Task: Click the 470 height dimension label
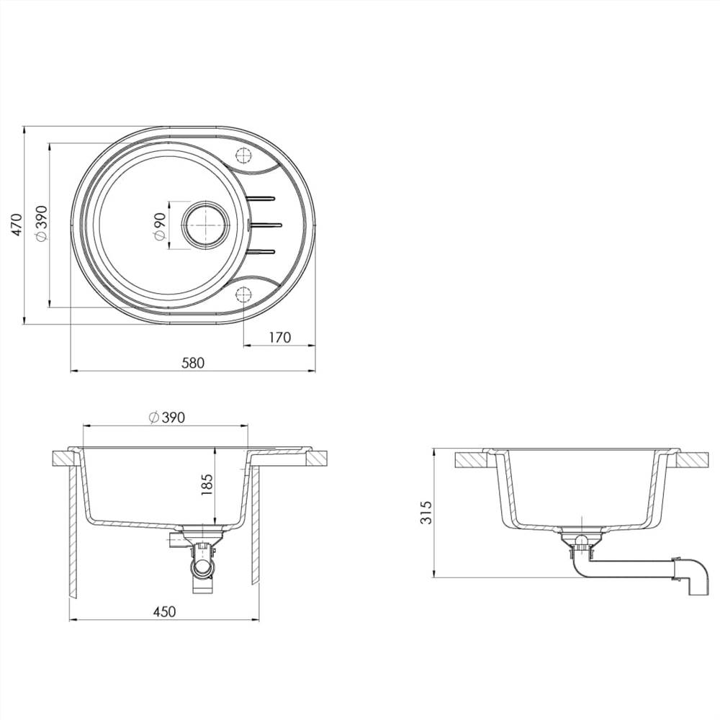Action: (15, 225)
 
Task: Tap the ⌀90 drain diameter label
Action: (159, 225)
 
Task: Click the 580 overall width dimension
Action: (193, 363)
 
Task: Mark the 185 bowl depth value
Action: (207, 487)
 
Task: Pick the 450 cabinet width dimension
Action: (164, 611)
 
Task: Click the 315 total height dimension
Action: (426, 513)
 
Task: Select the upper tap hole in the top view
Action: (243, 155)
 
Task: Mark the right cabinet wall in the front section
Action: (255, 526)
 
